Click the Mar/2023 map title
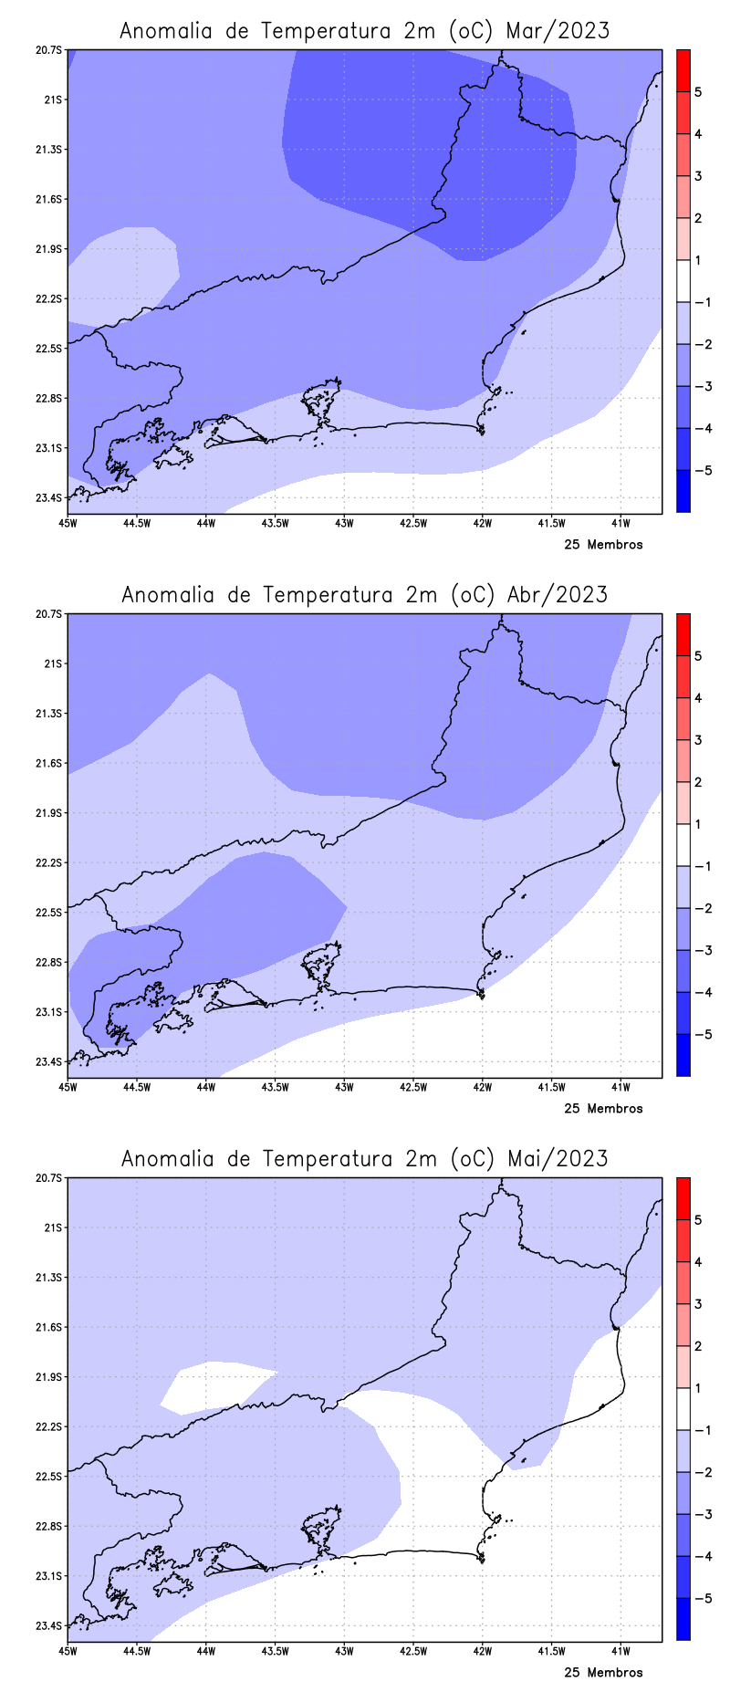pos(364,31)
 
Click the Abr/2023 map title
pos(364,595)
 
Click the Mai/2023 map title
pos(364,1159)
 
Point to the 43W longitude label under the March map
pos(344,523)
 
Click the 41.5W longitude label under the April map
pos(551,1087)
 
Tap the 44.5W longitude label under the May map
pos(137,1651)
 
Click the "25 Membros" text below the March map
pos(603,545)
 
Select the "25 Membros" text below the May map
pos(603,1673)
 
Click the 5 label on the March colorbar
pos(698,92)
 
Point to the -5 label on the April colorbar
pos(702,1035)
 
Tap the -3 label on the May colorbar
pos(702,1515)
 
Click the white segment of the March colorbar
pos(683,281)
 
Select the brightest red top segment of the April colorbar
pos(683,634)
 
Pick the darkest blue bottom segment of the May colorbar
pos(683,1619)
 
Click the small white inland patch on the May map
pos(214,1383)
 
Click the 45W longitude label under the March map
pos(67,523)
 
